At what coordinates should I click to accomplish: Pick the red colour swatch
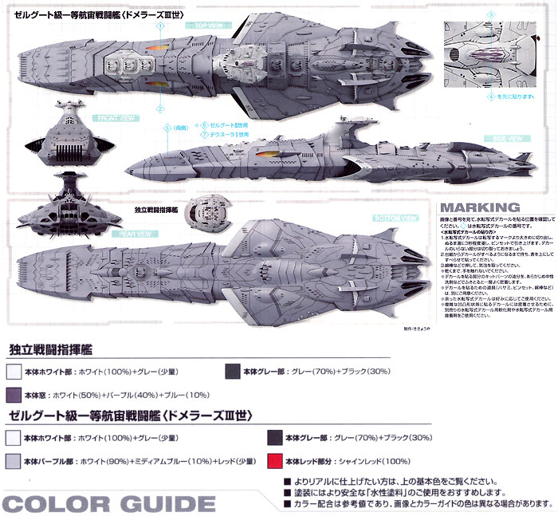pyautogui.click(x=276, y=460)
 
